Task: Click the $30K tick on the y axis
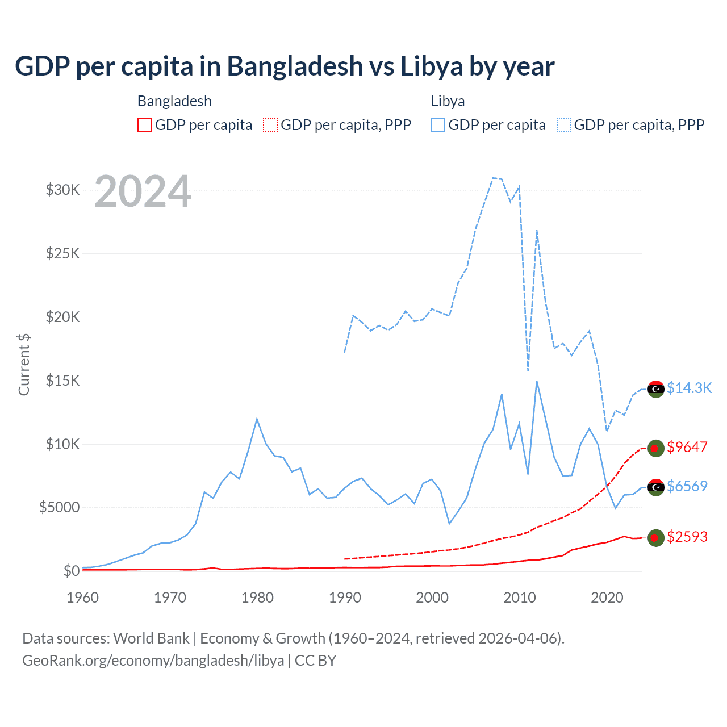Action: point(62,190)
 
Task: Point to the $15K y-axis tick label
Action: point(62,381)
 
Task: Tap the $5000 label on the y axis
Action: point(59,507)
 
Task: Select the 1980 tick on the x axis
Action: point(257,598)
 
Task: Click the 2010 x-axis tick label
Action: point(520,598)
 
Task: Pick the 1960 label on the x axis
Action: point(82,598)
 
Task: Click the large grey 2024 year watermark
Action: point(143,191)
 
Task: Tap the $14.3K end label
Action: point(689,388)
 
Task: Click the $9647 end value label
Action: point(687,447)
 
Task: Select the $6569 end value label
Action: point(687,486)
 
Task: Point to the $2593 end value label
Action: point(687,537)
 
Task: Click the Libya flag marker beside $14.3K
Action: point(656,389)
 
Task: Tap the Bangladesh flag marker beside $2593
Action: point(656,538)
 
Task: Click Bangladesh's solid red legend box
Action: point(145,125)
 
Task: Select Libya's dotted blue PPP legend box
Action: point(564,125)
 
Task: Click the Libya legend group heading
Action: point(448,101)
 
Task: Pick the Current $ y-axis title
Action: point(24,365)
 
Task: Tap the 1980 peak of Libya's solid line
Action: point(257,419)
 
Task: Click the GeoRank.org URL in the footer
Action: point(153,661)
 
